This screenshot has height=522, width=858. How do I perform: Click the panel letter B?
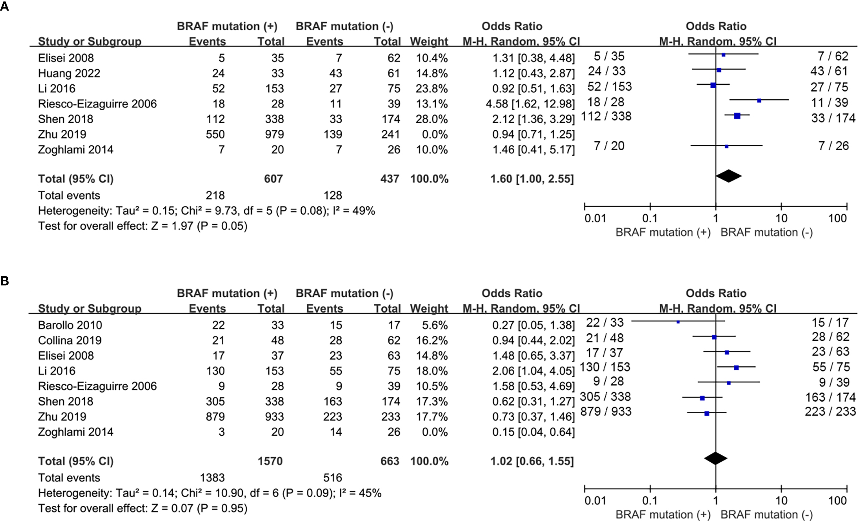point(4,281)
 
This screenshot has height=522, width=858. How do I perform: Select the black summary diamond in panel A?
point(729,176)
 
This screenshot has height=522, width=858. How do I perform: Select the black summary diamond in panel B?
point(716,458)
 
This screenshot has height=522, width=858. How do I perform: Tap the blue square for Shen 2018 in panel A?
point(737,116)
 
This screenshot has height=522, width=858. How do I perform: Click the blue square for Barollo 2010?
point(678,322)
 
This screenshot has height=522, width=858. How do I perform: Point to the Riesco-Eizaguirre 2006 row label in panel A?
point(97,104)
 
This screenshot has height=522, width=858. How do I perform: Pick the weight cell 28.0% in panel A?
point(431,119)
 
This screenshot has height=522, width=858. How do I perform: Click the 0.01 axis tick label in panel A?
point(595,218)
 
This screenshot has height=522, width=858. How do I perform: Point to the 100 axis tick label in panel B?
point(837,501)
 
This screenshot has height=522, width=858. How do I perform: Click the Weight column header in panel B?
point(429,308)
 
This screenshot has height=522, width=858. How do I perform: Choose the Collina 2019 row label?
point(70,340)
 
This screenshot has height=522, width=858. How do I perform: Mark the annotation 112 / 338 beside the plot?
point(606,116)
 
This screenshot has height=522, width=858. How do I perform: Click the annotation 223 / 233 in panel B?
point(830,411)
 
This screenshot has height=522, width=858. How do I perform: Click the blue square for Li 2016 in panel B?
point(736,367)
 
